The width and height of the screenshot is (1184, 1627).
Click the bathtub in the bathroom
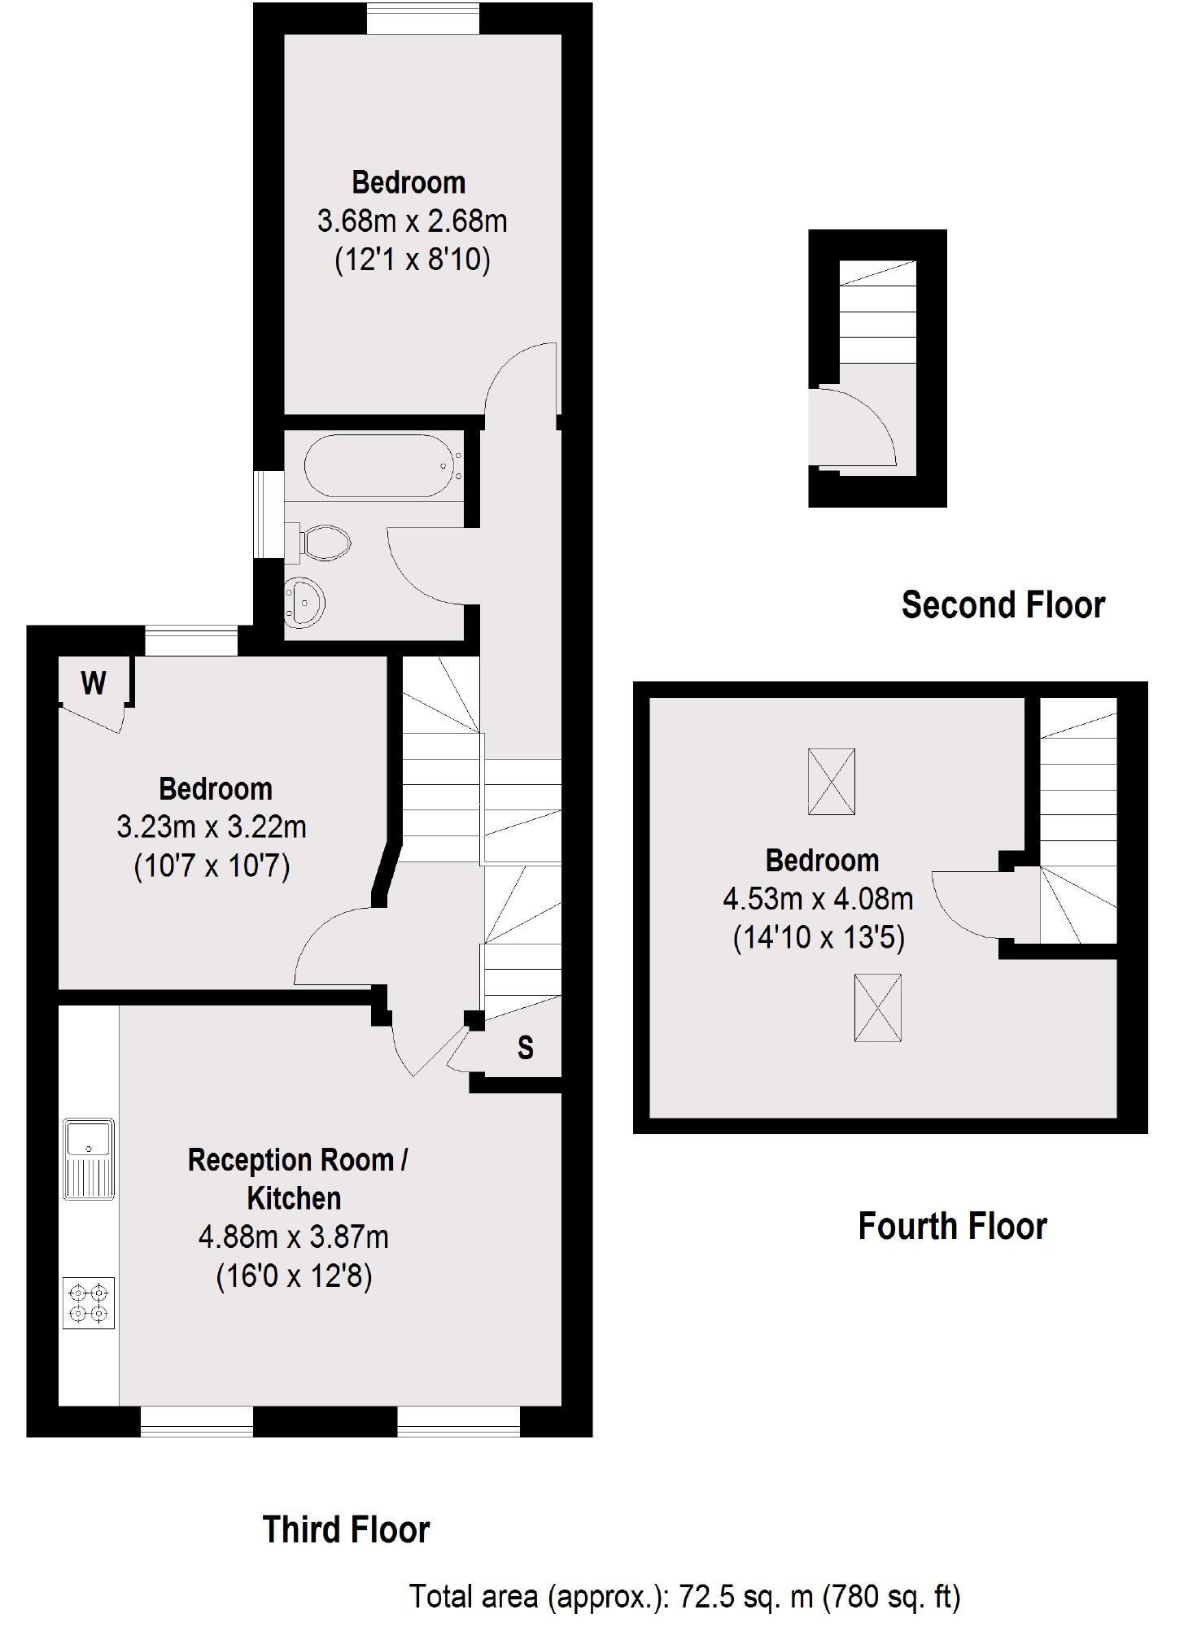378,465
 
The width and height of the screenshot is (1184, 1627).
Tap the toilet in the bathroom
325,541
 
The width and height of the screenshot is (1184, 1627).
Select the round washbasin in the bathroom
305,603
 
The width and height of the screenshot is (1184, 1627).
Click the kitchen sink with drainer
90,1159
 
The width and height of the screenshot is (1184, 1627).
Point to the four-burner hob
89,1302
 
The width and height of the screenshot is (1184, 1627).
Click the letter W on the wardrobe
94,683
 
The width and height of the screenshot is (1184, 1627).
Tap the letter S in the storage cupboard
526,1048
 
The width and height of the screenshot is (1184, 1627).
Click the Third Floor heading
346,1529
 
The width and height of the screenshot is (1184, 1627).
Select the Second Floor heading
1003,605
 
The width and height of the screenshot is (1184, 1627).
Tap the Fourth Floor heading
952,1226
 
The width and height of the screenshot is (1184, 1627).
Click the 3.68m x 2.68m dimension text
412,220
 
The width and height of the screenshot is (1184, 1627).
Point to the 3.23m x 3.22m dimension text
212,827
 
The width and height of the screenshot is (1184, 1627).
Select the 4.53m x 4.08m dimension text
818,899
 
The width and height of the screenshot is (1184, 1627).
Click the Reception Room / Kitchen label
296,1179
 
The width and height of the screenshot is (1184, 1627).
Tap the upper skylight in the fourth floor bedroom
831,782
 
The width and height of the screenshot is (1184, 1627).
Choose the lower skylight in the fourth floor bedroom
877,1007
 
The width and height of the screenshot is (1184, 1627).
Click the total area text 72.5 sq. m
684,1596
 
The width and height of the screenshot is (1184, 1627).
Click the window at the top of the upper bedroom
422,19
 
